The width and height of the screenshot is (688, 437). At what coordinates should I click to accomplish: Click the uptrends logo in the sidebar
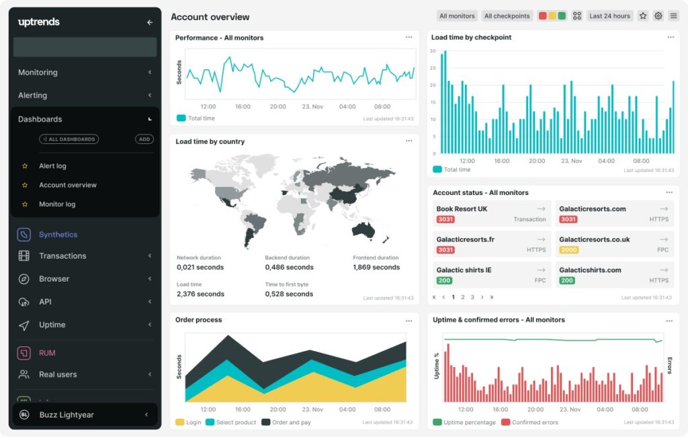point(39,22)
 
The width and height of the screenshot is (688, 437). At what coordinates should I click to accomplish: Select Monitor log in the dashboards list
point(57,204)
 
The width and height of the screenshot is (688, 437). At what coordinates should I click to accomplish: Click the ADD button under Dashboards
point(144,139)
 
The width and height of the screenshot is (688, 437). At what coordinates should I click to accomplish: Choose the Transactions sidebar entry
point(62,256)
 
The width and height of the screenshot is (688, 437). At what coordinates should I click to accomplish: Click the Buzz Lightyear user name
point(66,415)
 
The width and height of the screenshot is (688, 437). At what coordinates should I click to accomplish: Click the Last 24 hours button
point(609,16)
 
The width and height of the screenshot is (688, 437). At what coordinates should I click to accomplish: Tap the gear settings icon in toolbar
point(658,16)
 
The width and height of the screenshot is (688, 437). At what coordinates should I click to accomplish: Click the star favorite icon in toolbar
point(643,16)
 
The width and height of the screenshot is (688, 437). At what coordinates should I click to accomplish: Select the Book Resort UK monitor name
point(462,209)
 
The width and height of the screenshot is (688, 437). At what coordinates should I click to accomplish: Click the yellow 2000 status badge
point(568,250)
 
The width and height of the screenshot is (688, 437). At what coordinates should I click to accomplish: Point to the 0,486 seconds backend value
point(289,268)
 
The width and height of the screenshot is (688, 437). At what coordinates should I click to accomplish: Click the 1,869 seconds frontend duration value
point(376,268)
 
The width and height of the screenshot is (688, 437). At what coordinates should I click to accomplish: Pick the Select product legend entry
point(235,422)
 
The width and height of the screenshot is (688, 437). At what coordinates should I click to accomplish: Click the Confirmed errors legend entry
point(535,422)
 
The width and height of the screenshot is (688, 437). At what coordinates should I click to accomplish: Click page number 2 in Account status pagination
point(463,297)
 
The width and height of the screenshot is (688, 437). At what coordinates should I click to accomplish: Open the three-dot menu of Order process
point(408,321)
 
